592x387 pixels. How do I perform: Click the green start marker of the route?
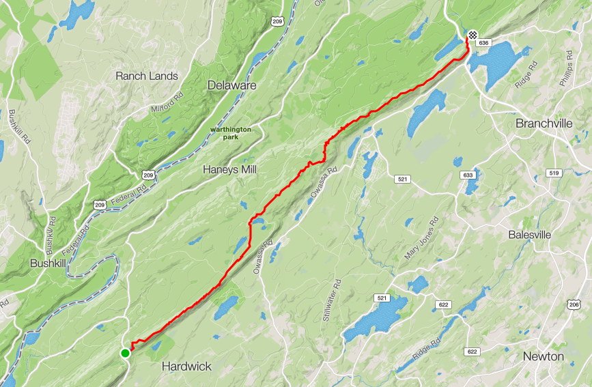(x=125, y=353)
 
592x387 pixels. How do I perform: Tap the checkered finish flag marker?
(x=473, y=33)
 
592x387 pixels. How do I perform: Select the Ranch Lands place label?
(x=147, y=76)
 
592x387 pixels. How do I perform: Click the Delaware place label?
(x=232, y=85)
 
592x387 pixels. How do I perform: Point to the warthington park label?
(x=231, y=132)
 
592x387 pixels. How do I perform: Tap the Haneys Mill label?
(x=229, y=169)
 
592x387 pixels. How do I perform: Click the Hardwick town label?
(x=186, y=367)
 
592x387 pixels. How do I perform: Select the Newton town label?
(x=544, y=356)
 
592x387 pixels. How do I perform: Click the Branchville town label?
(x=544, y=124)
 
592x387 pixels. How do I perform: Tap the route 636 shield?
(x=483, y=43)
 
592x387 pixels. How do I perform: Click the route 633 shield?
(x=468, y=175)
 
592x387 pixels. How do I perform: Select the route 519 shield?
(x=554, y=173)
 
